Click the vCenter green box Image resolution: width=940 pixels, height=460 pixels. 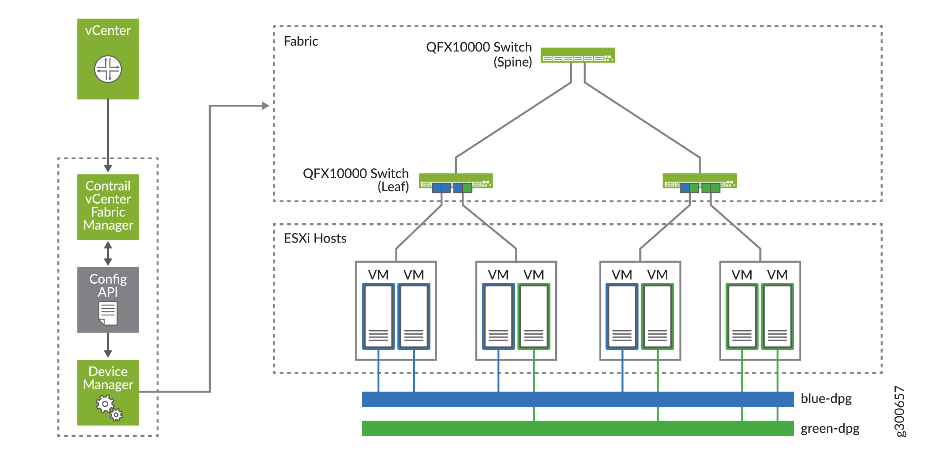pos(108,59)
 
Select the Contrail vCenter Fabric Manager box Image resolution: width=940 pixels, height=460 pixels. pos(108,206)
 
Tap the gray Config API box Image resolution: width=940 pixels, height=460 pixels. pos(108,299)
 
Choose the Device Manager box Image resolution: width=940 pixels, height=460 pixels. pos(108,392)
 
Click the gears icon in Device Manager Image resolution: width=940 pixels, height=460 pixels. pos(109,408)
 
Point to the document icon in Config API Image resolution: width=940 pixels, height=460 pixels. pos(108,313)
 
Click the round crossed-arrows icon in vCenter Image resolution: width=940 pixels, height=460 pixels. pos(108,69)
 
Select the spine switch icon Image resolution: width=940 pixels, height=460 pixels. pos(577,55)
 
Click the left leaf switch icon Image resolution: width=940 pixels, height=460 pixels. pos(455,181)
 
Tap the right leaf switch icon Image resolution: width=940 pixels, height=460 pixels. pos(699,181)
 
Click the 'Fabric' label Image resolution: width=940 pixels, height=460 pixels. pos(301,41)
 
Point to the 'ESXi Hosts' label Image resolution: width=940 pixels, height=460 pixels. pos(315,238)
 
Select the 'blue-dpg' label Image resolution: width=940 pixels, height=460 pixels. pos(826,398)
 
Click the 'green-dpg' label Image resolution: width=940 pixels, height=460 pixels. pos(830,428)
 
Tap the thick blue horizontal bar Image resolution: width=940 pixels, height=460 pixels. pos(577,399)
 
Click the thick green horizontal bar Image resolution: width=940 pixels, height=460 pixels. pos(577,428)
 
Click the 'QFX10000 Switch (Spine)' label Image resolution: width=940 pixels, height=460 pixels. pos(479,54)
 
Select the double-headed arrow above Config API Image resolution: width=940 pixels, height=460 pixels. pos(108,253)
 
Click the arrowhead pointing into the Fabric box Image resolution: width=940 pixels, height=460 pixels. pos(265,106)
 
